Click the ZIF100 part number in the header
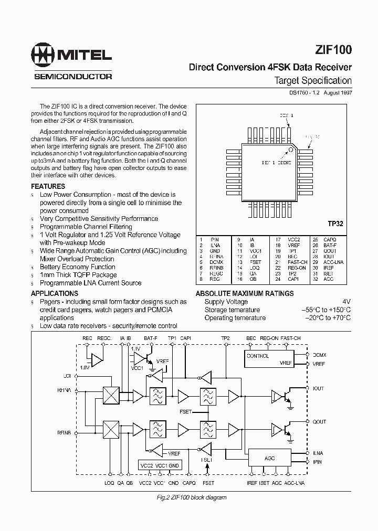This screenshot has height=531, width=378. (x=334, y=50)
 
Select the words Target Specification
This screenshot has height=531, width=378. (x=313, y=80)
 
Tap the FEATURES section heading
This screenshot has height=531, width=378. (x=48, y=186)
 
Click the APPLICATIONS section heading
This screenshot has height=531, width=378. (x=54, y=293)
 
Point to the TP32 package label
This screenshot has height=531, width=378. (x=335, y=224)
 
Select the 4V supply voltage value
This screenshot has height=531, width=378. (x=346, y=302)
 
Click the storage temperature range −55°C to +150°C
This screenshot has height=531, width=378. (x=326, y=310)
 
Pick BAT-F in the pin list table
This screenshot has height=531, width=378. (x=330, y=245)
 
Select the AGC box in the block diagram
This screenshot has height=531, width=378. (x=270, y=458)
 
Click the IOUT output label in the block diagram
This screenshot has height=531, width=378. (x=318, y=389)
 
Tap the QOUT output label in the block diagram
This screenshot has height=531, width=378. (x=319, y=421)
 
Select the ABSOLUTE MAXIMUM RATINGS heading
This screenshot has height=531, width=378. (x=245, y=293)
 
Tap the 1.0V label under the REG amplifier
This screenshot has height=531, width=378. (x=85, y=368)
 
